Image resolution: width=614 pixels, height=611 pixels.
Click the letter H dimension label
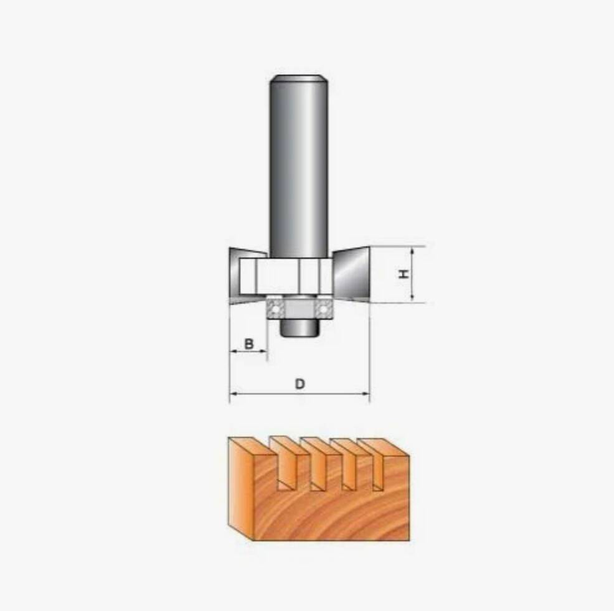click(x=404, y=274)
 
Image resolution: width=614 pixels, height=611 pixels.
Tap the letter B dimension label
click(x=249, y=344)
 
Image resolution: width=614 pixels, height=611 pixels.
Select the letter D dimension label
click(x=300, y=384)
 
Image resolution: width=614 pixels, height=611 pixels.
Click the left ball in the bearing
click(x=276, y=309)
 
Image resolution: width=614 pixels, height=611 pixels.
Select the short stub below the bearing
click(x=299, y=327)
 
